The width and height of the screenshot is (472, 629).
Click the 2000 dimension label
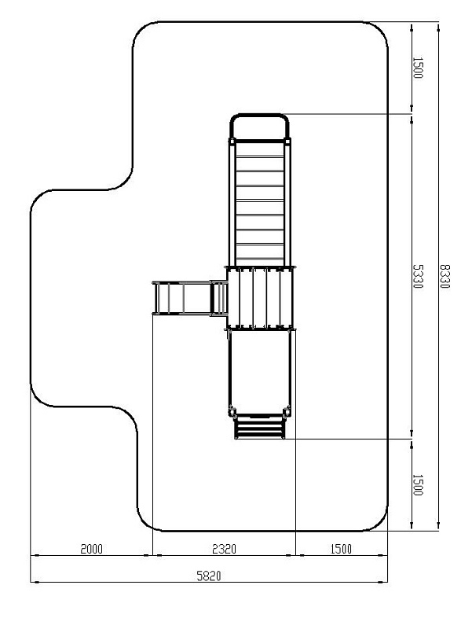click(x=90, y=548)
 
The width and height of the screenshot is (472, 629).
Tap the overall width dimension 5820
click(x=209, y=576)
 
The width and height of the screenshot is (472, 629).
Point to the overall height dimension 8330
click(x=445, y=275)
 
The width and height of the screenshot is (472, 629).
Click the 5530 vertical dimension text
click(x=418, y=275)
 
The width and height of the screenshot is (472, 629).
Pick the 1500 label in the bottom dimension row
click(x=340, y=548)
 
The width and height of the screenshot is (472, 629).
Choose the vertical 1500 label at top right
click(x=418, y=68)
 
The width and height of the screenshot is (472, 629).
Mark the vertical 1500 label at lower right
click(x=418, y=484)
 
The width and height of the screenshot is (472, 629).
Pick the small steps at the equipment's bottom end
click(x=260, y=429)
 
